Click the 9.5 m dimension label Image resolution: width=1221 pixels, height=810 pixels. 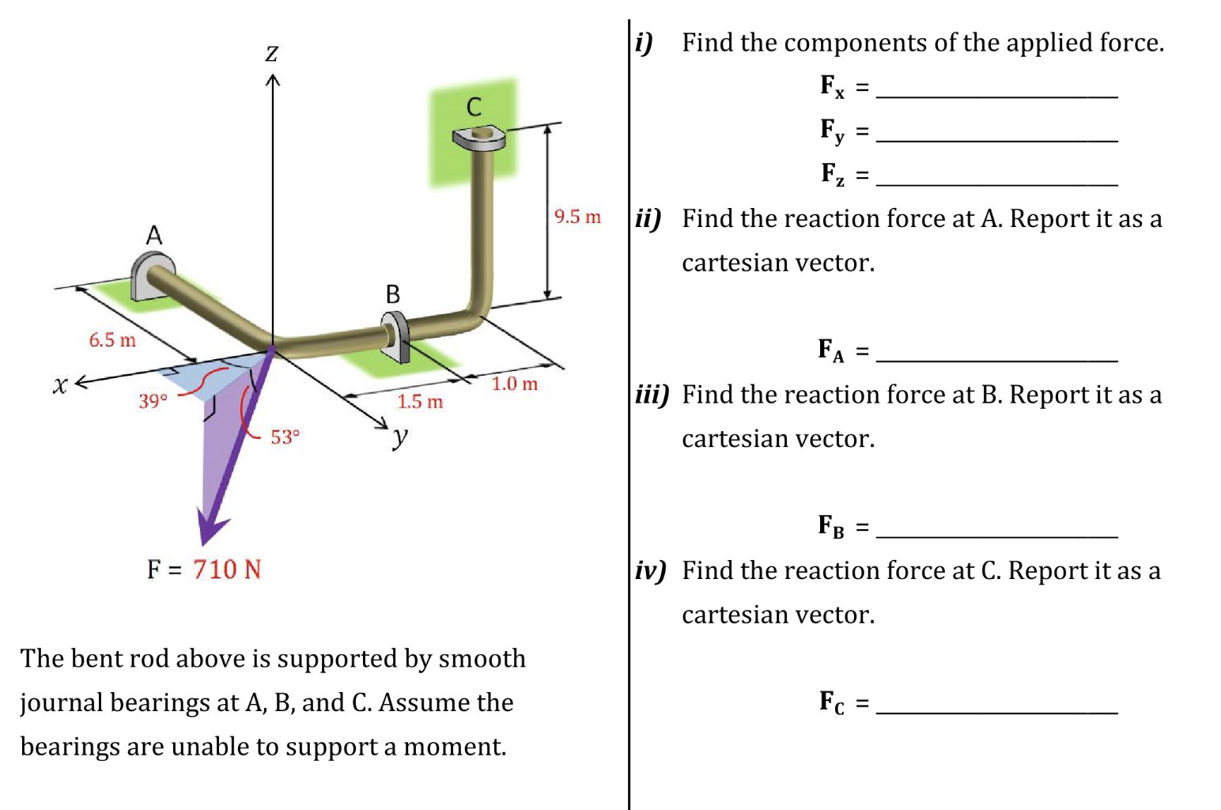click(577, 217)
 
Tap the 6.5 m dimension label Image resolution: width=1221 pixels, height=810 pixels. click(112, 340)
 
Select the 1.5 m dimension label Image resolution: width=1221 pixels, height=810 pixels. click(420, 402)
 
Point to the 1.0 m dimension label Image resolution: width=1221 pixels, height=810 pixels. click(514, 384)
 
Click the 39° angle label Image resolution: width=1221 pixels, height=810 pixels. click(153, 401)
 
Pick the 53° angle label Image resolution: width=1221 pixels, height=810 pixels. click(285, 437)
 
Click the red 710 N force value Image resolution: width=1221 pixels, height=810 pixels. click(227, 570)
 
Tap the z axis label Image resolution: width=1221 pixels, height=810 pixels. click(271, 53)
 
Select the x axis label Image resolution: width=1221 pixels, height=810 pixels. click(59, 385)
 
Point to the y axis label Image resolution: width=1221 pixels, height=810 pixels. click(400, 436)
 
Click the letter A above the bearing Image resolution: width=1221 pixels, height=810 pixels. click(153, 235)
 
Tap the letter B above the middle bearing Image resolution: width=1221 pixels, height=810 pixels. click(392, 294)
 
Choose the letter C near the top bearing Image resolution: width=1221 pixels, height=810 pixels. click(474, 107)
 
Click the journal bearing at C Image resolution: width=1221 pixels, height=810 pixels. click(479, 139)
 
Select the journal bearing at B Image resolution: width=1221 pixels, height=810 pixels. click(395, 335)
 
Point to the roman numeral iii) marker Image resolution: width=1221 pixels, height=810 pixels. click(652, 394)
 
